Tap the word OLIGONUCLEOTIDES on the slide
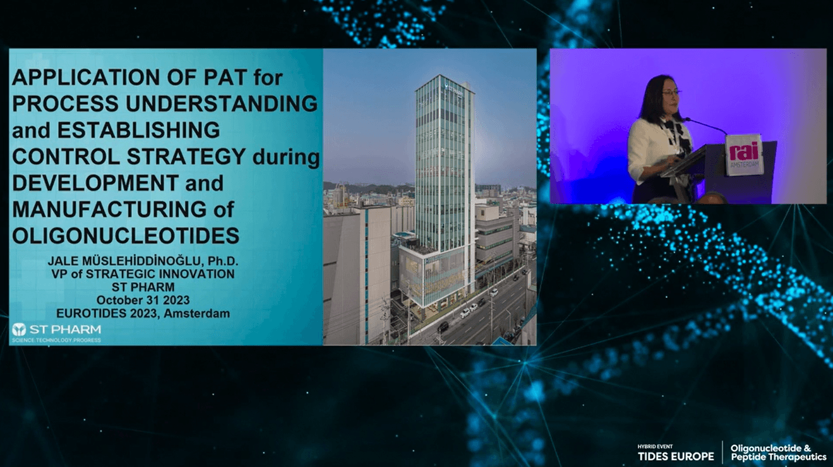(126, 235)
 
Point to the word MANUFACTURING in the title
(109, 209)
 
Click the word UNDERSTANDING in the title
(222, 103)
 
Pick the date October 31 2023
(143, 300)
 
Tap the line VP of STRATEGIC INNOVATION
(143, 274)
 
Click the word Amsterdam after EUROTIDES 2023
(196, 313)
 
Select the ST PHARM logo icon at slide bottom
(18, 329)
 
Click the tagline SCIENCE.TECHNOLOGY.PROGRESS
(57, 340)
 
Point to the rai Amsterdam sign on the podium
(744, 155)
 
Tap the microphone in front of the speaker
(705, 126)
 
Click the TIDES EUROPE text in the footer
(676, 456)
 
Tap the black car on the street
(443, 327)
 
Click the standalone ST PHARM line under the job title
(143, 287)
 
